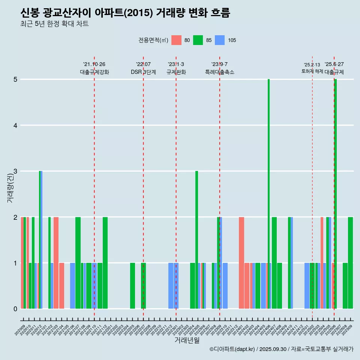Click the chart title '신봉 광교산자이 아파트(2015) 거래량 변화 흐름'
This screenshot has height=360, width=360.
coord(125,13)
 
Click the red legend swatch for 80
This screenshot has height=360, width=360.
coord(176,40)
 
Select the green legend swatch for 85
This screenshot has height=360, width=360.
coord(198,40)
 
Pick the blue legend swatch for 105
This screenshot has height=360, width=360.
coord(220,40)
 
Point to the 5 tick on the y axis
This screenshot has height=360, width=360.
coord(15,79)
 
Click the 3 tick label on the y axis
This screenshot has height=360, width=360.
coord(15,171)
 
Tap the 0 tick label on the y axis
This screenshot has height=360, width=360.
coord(15,309)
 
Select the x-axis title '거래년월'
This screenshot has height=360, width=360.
coord(187,340)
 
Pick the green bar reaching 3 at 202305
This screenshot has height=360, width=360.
coord(196,240)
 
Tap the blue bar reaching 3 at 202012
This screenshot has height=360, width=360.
coord(41,240)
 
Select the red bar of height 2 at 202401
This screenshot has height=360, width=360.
coord(241,263)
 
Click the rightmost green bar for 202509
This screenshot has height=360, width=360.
coord(350,263)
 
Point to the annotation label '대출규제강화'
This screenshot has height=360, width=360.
coord(94,72)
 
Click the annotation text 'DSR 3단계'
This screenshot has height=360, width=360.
coord(143,72)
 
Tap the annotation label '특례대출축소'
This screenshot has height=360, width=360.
coord(220,72)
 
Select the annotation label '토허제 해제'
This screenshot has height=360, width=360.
coord(312,71)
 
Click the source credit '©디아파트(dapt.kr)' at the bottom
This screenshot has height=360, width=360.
coord(232,349)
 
